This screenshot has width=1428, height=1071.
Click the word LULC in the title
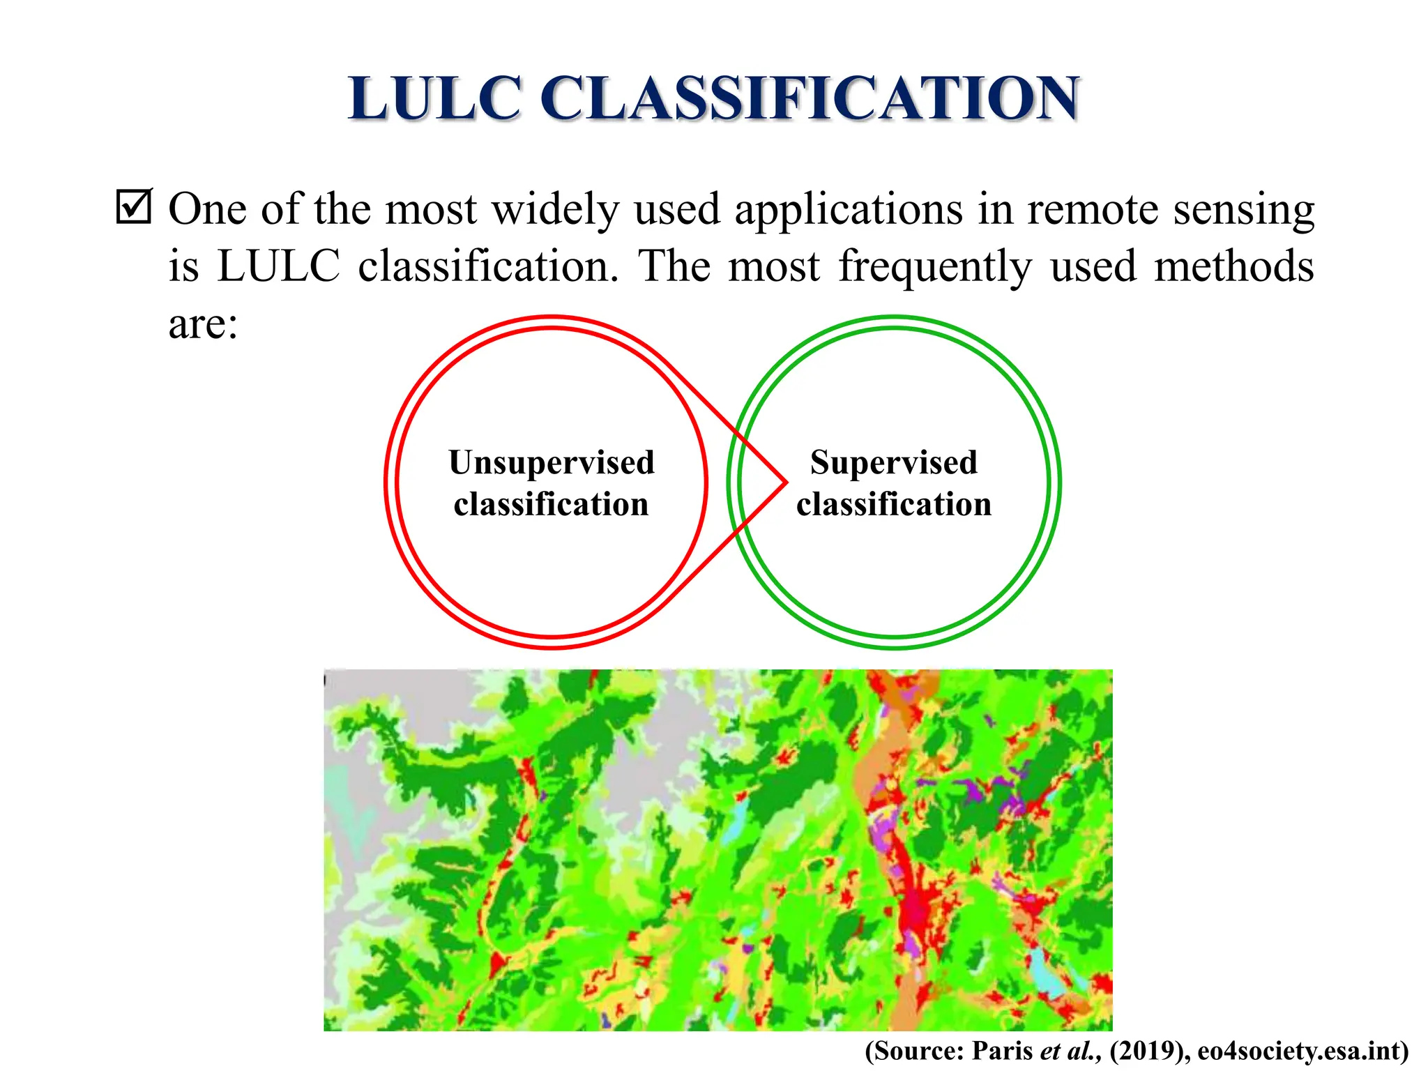(x=435, y=98)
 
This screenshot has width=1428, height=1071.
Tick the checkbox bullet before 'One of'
(x=133, y=206)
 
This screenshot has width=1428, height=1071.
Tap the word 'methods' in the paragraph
(x=1233, y=266)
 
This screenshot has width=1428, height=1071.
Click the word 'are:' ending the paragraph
(x=203, y=325)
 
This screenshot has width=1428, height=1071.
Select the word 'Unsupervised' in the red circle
(x=551, y=462)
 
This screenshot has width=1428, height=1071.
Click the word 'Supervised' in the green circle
(x=893, y=462)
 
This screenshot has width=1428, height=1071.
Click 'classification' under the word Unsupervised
(x=551, y=504)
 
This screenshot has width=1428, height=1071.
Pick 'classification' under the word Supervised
(x=893, y=504)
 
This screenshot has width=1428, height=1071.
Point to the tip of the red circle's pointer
(x=786, y=482)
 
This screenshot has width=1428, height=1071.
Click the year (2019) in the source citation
(x=1148, y=1050)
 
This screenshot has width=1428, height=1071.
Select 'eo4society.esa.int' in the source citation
(x=1302, y=1050)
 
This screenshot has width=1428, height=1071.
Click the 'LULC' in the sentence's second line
(x=278, y=266)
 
